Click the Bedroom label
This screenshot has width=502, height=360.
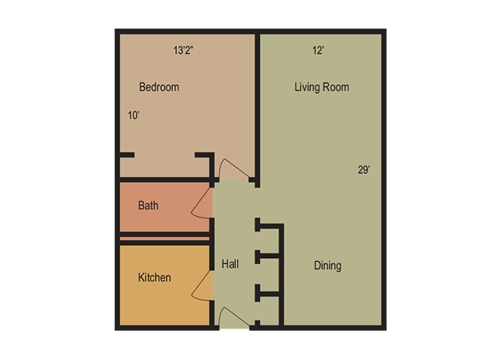159,87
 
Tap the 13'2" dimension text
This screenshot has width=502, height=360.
183,50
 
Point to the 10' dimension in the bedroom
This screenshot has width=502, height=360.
133,115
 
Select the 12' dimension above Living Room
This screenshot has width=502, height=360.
318,50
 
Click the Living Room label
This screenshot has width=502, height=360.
321,87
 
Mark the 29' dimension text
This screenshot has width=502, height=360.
363,169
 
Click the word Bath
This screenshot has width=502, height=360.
148,205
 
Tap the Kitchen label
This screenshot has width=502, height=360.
154,277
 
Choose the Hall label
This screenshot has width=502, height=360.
230,264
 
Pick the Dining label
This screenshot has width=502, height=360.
327,265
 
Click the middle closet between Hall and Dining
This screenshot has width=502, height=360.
270,274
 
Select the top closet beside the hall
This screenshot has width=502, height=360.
270,241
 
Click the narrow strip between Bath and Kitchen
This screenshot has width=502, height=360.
165,238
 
